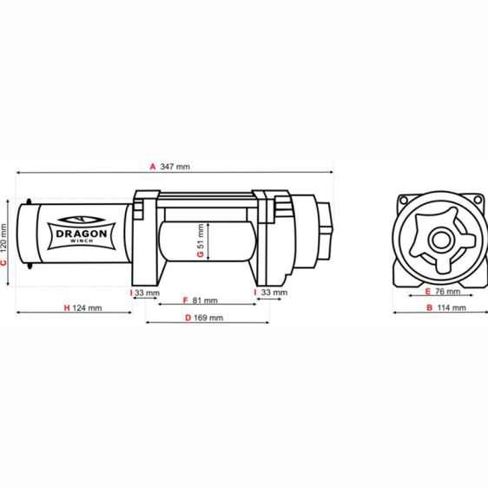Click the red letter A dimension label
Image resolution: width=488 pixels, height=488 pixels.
click(153, 167)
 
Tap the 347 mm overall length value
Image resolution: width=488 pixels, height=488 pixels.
click(175, 167)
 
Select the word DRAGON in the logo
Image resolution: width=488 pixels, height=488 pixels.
click(82, 234)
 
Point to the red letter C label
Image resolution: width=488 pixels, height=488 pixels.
click(3, 263)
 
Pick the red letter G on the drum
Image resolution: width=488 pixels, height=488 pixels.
click(201, 254)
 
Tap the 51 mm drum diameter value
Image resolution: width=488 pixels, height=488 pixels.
click(201, 236)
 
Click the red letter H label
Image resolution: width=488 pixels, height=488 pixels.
click(67, 308)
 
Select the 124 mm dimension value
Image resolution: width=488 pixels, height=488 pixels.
click(87, 308)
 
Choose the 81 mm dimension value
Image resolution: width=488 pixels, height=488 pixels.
click(205, 300)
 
